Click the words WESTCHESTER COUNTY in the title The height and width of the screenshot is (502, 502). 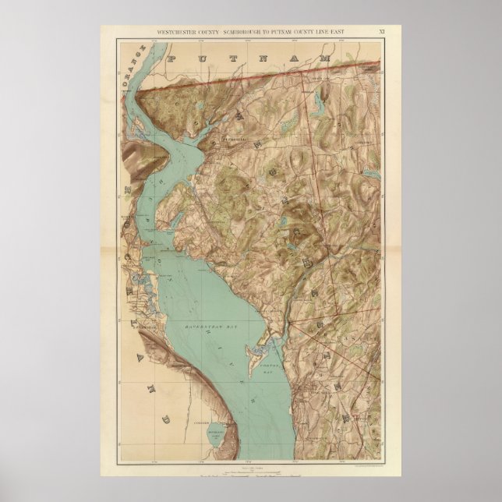point(182,32)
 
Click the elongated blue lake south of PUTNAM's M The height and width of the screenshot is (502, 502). point(317,101)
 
